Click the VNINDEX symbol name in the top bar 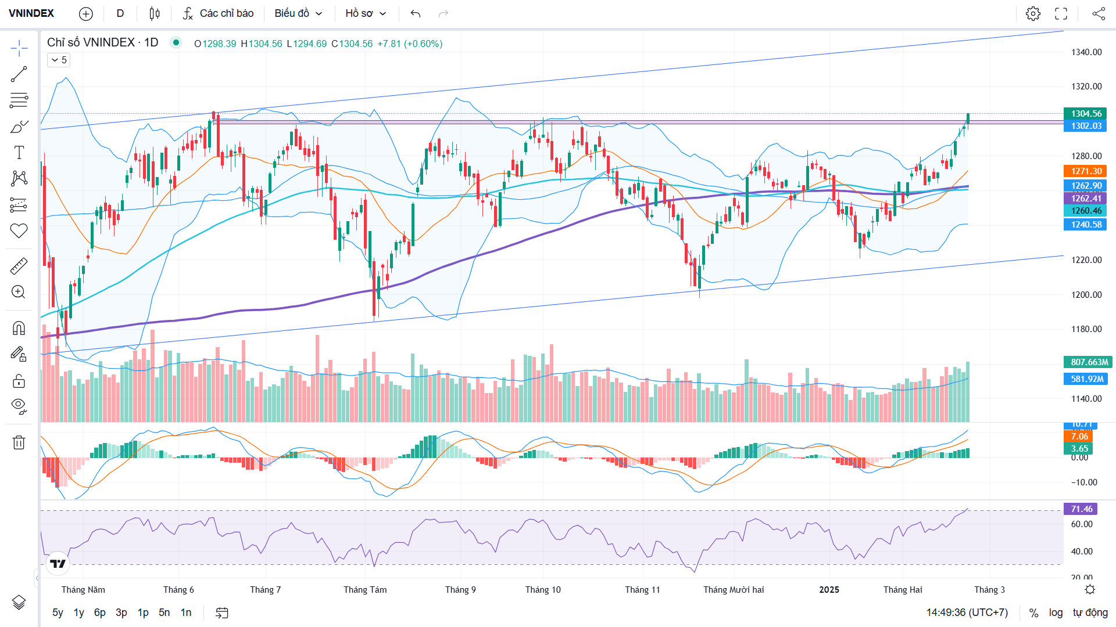pos(31,13)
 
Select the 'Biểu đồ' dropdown pos(298,13)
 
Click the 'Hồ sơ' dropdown pos(366,13)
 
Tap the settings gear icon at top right pos(1033,13)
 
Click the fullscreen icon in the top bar pos(1061,13)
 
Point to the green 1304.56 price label pos(1086,114)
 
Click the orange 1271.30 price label pos(1086,171)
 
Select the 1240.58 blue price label pos(1086,225)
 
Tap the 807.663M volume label pos(1088,362)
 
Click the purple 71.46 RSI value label pos(1081,509)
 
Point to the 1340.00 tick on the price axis pos(1086,52)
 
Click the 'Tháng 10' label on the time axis pos(543,590)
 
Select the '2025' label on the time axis pos(829,590)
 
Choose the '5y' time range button pos(58,612)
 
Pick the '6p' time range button pos(100,612)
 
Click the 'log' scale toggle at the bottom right pos(1056,612)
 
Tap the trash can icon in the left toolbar pos(19,442)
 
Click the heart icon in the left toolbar pos(19,230)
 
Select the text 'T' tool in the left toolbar pos(19,153)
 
